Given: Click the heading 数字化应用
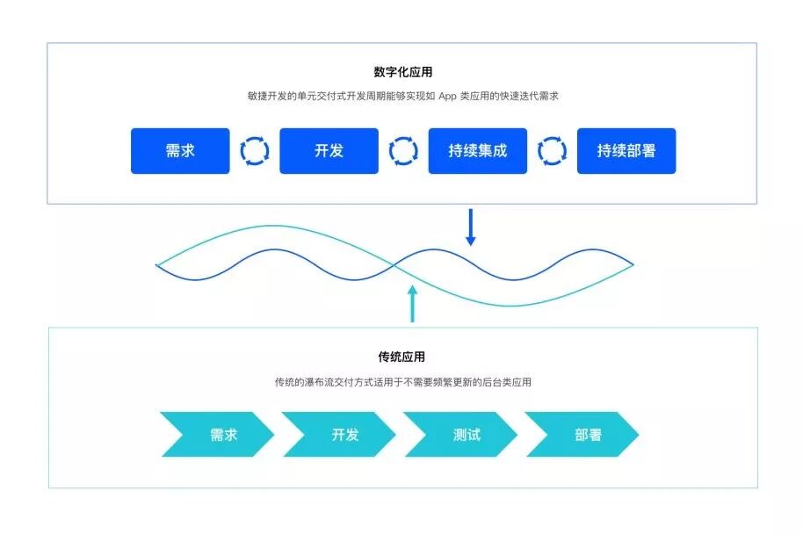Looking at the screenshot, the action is [402, 72].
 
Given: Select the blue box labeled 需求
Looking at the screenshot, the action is [180, 151].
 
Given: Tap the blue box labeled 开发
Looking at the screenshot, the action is [329, 151].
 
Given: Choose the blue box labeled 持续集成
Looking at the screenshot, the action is [477, 151].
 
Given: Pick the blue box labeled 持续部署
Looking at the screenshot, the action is [626, 151].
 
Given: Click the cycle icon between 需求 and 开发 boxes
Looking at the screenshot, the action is [255, 151].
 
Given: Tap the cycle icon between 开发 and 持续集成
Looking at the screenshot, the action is [403, 151].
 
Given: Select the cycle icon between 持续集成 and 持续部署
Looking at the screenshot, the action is [552, 151].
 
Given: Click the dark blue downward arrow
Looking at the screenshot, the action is [470, 227].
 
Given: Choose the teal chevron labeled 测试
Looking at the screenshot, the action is [462, 435].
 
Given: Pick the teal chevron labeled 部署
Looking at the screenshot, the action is [582, 435].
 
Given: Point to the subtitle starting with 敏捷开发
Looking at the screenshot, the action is [402, 97].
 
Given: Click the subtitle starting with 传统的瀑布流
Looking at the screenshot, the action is [402, 383].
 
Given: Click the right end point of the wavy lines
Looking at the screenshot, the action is [633, 264].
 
